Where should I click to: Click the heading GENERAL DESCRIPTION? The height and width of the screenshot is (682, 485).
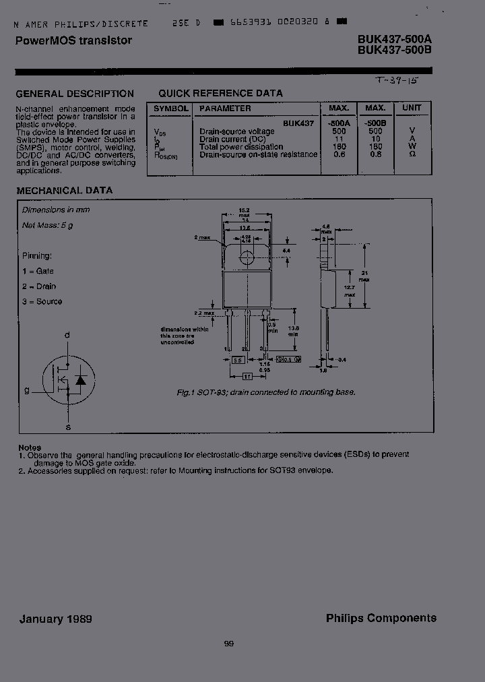point(75,94)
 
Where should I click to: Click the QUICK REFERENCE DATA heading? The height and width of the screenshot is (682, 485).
point(220,94)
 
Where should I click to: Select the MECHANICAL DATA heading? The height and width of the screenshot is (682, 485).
point(65,191)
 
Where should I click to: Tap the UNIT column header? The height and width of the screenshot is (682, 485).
point(411,108)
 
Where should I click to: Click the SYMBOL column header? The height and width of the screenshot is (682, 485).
point(171,108)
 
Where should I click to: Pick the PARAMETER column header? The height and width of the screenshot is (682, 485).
point(225,108)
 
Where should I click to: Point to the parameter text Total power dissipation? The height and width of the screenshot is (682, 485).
point(241,146)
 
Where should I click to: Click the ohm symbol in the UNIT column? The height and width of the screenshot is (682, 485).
point(412,154)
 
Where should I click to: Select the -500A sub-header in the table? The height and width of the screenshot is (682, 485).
point(338,123)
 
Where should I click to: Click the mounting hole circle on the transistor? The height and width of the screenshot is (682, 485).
point(247,257)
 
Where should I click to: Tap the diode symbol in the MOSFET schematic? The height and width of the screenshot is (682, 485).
point(80,380)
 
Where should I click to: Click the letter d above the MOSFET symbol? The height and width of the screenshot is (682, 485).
point(67,335)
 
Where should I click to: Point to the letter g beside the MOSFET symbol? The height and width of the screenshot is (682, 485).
point(28,390)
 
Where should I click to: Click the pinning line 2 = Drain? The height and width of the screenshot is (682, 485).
point(42,286)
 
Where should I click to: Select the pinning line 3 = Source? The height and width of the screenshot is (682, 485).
point(42,301)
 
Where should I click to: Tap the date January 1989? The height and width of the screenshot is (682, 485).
point(56,619)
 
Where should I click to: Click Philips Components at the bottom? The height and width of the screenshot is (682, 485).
point(381,617)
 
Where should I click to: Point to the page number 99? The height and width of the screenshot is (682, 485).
point(229,644)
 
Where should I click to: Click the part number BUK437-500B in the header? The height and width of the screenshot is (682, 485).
point(394,50)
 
